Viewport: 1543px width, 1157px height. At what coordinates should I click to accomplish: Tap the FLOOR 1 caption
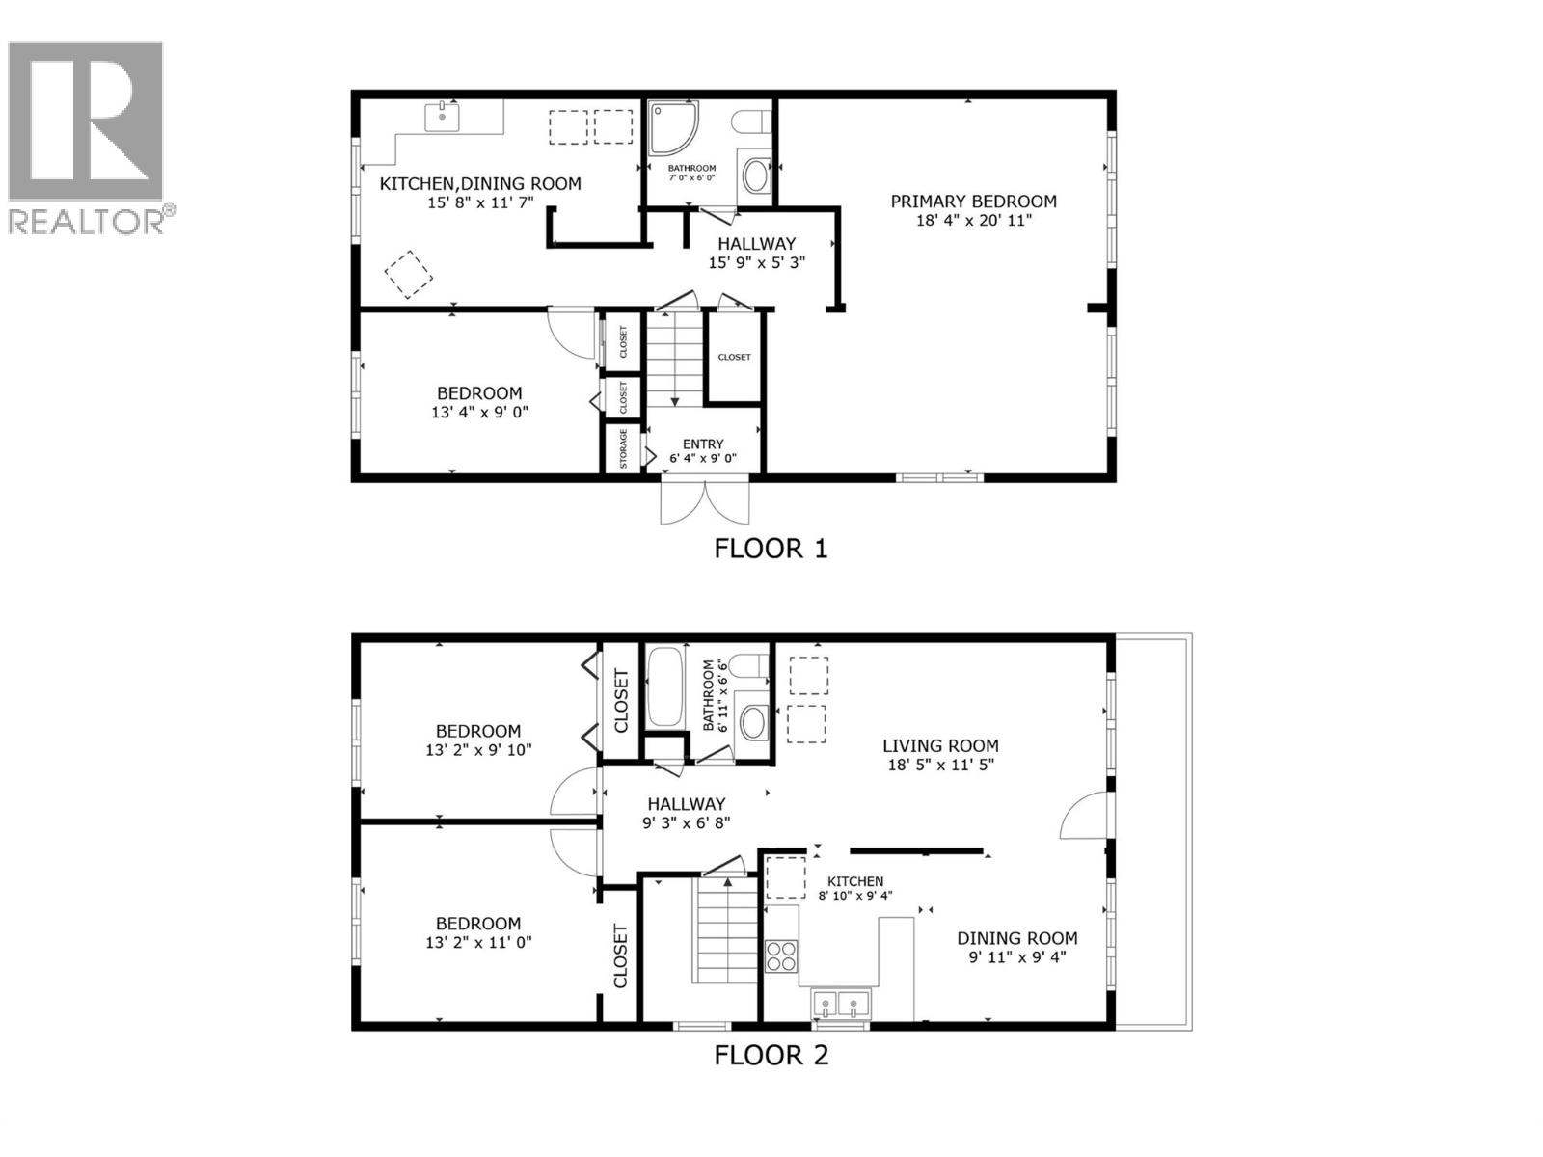point(771,549)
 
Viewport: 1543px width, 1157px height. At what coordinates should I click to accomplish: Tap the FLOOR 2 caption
point(771,1055)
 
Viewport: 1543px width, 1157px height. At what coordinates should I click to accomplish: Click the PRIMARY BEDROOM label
point(973,202)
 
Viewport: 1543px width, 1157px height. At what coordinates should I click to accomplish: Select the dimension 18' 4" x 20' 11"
point(973,221)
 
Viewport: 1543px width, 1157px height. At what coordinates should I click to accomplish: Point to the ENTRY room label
point(703,444)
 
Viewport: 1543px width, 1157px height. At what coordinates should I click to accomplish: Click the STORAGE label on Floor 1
point(623,449)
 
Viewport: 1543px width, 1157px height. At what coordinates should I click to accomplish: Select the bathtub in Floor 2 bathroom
point(663,687)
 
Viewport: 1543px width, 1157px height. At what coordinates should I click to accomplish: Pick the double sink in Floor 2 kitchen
point(840,1004)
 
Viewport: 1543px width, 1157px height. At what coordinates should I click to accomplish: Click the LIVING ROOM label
point(940,745)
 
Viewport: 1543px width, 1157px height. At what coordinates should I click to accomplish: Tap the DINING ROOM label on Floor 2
point(1016,938)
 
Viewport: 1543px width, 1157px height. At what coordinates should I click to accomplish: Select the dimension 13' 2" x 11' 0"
point(478,943)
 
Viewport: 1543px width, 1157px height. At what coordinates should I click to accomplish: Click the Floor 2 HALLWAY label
point(686,804)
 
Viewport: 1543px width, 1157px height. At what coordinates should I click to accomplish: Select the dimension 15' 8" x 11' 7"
point(480,203)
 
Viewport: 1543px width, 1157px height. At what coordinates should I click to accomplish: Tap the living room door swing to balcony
point(1083,817)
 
